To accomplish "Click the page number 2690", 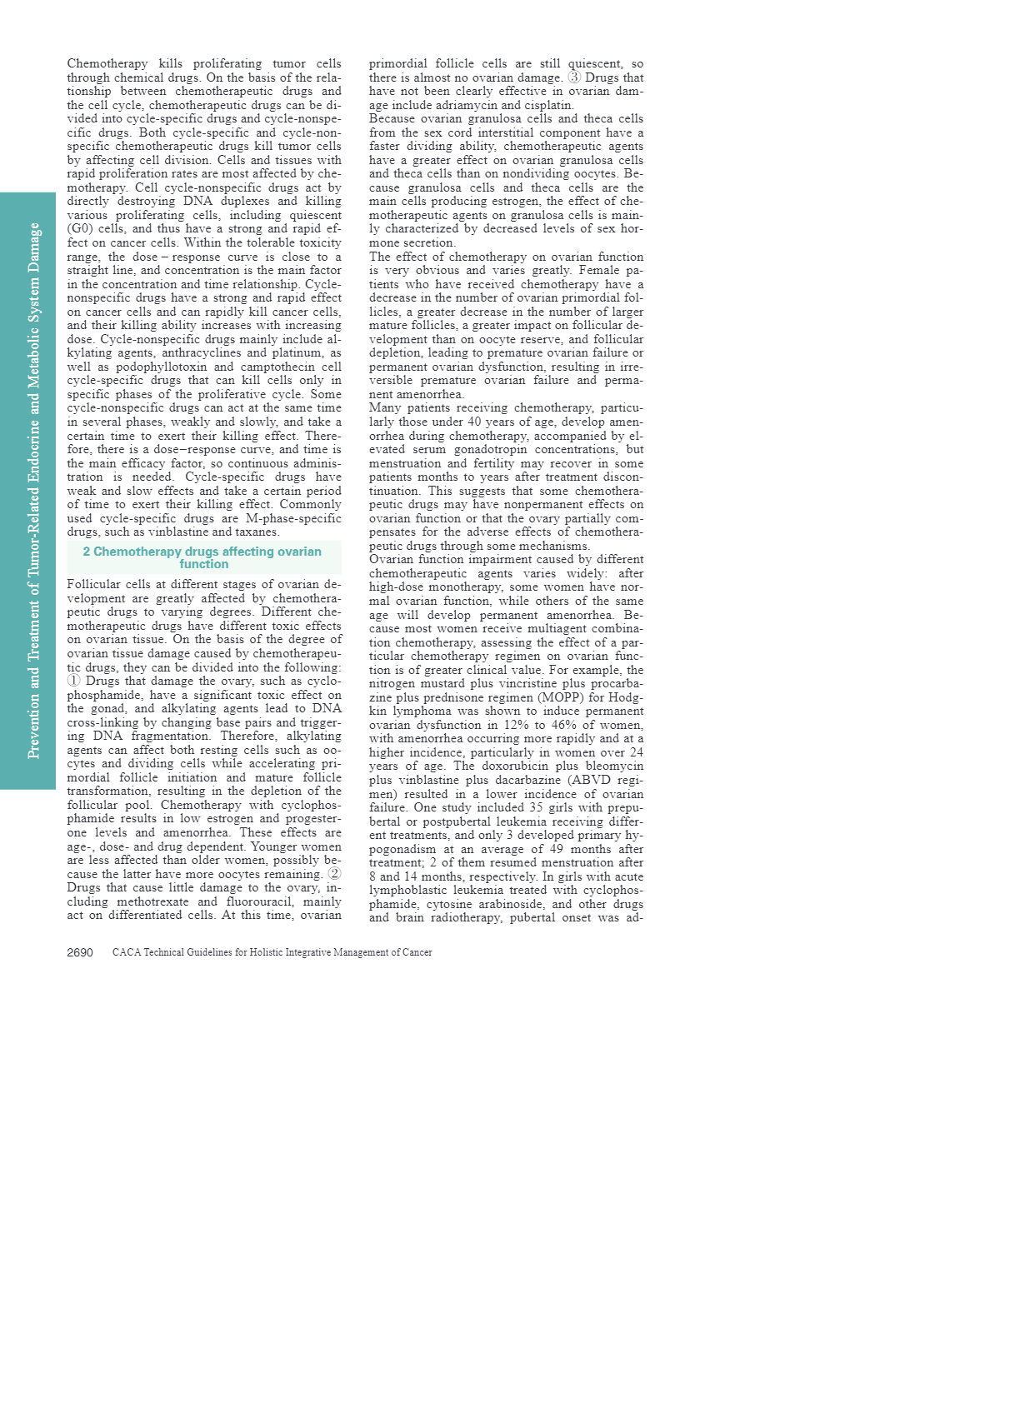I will [80, 952].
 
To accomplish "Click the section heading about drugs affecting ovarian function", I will [202, 557].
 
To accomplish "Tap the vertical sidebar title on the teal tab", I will [33, 491].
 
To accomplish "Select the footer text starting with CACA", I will [272, 952].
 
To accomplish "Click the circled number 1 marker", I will [73, 681].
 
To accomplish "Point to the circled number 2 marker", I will [333, 874].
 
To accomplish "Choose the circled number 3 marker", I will [575, 77].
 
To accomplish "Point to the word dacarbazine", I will [521, 780].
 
